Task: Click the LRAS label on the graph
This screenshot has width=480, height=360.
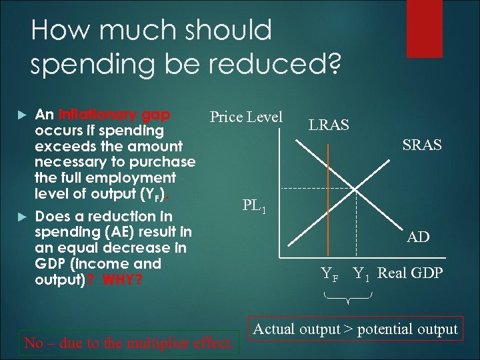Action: click(328, 125)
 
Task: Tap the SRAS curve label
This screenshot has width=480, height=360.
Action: click(421, 145)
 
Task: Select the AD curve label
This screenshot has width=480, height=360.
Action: click(418, 237)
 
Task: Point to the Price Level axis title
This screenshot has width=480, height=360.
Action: click(246, 117)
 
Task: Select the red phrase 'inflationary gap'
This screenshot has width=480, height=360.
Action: click(114, 114)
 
